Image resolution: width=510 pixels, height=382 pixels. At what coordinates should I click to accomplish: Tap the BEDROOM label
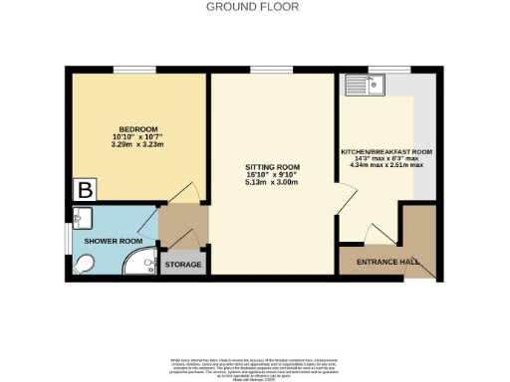(138, 130)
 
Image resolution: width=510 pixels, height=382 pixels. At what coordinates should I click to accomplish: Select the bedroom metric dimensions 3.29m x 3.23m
(138, 146)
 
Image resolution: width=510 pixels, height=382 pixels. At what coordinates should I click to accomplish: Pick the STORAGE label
(183, 265)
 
